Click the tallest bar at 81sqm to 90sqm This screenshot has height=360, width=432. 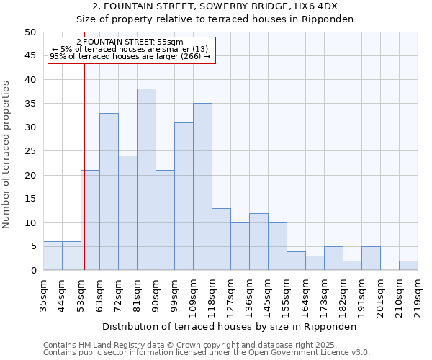click(146, 179)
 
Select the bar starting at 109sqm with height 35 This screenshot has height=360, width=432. click(202, 186)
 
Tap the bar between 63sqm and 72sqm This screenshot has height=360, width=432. click(109, 192)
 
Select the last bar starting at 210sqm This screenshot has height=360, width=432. click(408, 265)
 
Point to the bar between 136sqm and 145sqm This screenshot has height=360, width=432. click(258, 241)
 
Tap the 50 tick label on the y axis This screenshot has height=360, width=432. click(30, 32)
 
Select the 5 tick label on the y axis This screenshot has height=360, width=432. click(32, 246)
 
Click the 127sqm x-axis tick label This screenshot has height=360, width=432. click(230, 293)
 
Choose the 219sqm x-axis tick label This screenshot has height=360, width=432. click(418, 293)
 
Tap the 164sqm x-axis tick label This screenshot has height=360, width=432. click(305, 293)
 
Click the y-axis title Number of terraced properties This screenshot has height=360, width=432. click(6, 155)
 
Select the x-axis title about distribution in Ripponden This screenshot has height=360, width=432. click(230, 326)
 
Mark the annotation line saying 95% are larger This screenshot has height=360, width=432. click(130, 56)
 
